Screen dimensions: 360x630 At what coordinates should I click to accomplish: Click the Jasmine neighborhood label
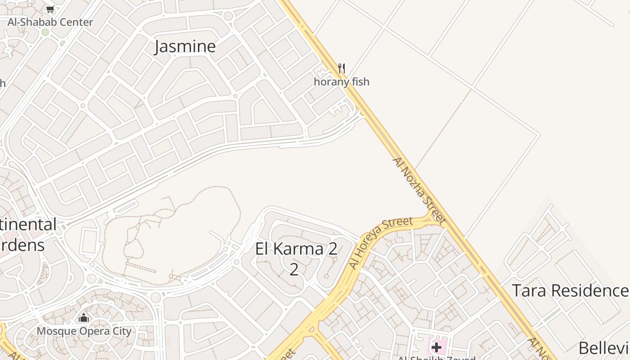click(x=185, y=46)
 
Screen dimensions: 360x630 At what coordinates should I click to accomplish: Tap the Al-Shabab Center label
click(x=50, y=22)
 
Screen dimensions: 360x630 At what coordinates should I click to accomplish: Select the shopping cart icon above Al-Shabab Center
click(x=50, y=9)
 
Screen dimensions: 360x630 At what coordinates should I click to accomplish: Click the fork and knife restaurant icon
click(x=342, y=68)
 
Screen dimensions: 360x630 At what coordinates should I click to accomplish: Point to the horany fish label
click(x=342, y=81)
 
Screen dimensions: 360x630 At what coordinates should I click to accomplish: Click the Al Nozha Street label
click(x=419, y=191)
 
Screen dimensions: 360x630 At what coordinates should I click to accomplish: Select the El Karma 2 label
click(x=296, y=249)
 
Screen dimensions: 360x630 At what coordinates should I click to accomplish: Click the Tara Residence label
click(x=570, y=291)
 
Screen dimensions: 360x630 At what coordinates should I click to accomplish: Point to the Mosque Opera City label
click(x=84, y=331)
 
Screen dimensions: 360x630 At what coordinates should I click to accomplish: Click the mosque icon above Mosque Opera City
click(x=84, y=319)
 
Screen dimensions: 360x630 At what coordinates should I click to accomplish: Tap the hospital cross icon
click(x=436, y=347)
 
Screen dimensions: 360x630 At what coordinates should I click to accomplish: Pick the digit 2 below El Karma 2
click(x=294, y=270)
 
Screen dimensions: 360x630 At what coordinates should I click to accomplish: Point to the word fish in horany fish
click(x=361, y=81)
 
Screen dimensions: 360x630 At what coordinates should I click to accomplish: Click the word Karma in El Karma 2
click(x=298, y=249)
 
